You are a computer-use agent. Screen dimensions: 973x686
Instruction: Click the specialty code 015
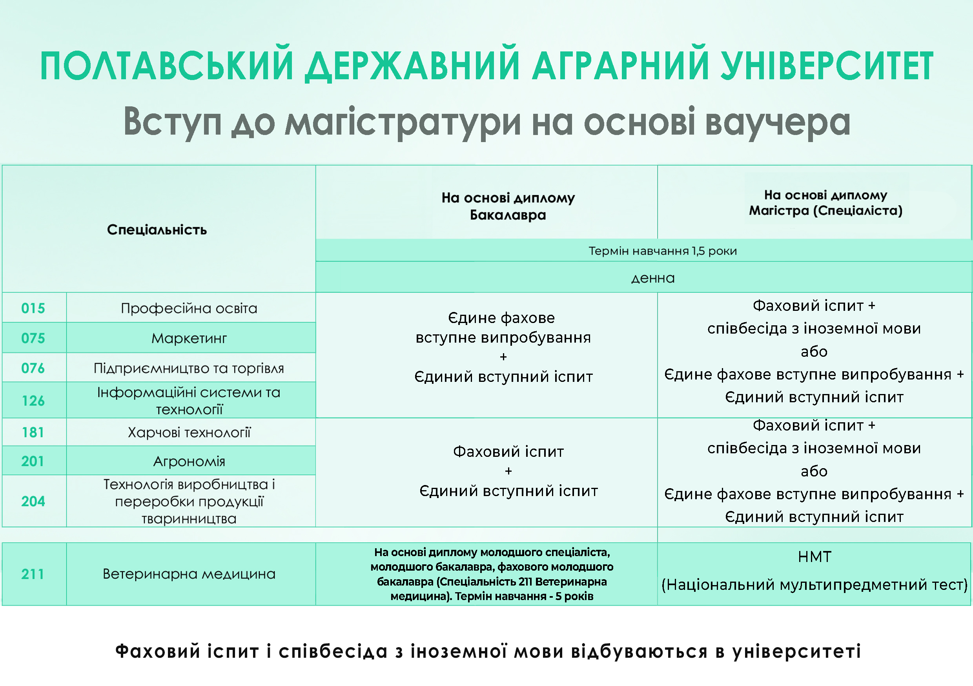[x=33, y=308]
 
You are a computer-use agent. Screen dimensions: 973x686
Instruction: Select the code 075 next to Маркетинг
[x=33, y=338]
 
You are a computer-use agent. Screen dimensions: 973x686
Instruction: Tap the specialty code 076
[x=33, y=368]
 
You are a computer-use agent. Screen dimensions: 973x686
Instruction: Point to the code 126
[x=33, y=401]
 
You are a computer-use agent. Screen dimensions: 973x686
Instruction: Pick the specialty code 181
[x=33, y=432]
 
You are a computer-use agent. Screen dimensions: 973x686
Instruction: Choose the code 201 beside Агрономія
[x=33, y=461]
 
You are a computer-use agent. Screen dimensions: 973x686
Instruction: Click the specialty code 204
[x=33, y=502]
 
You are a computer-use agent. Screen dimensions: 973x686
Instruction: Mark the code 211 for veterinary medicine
[x=33, y=574]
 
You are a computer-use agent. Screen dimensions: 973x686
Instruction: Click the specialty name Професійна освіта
[x=189, y=308]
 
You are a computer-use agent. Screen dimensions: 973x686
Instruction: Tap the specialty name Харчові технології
[x=189, y=432]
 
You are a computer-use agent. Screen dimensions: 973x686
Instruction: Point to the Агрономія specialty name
[x=189, y=461]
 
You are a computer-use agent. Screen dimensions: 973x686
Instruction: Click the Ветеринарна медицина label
[x=189, y=574]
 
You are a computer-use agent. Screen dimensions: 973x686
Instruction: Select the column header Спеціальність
[x=157, y=230]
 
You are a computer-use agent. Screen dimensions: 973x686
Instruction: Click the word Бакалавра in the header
[x=508, y=215]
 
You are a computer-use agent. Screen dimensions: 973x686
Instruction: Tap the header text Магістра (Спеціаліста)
[x=825, y=211]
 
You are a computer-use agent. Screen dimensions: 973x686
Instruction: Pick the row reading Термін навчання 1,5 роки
[x=663, y=251]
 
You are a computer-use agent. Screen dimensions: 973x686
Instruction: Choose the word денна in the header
[x=653, y=279]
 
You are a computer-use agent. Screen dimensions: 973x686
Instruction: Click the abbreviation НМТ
[x=814, y=556]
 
